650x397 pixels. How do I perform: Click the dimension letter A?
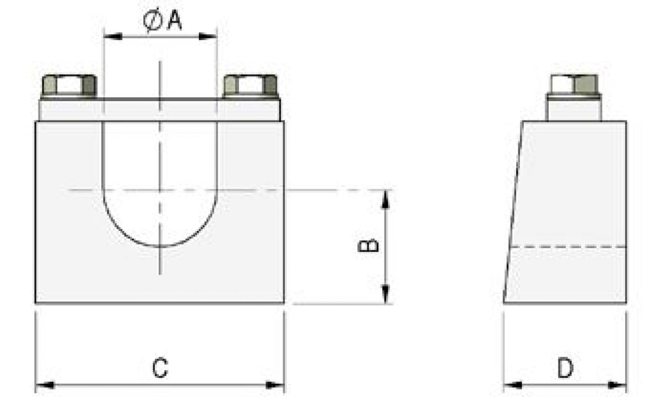click(x=174, y=20)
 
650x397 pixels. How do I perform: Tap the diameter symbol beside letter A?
click(x=152, y=21)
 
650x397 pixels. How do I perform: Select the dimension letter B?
click(x=368, y=245)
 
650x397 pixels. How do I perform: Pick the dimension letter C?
click(x=160, y=368)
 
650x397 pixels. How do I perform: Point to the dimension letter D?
click(x=565, y=368)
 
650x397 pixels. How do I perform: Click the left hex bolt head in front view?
click(x=69, y=86)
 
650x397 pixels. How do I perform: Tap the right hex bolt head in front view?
click(x=251, y=86)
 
